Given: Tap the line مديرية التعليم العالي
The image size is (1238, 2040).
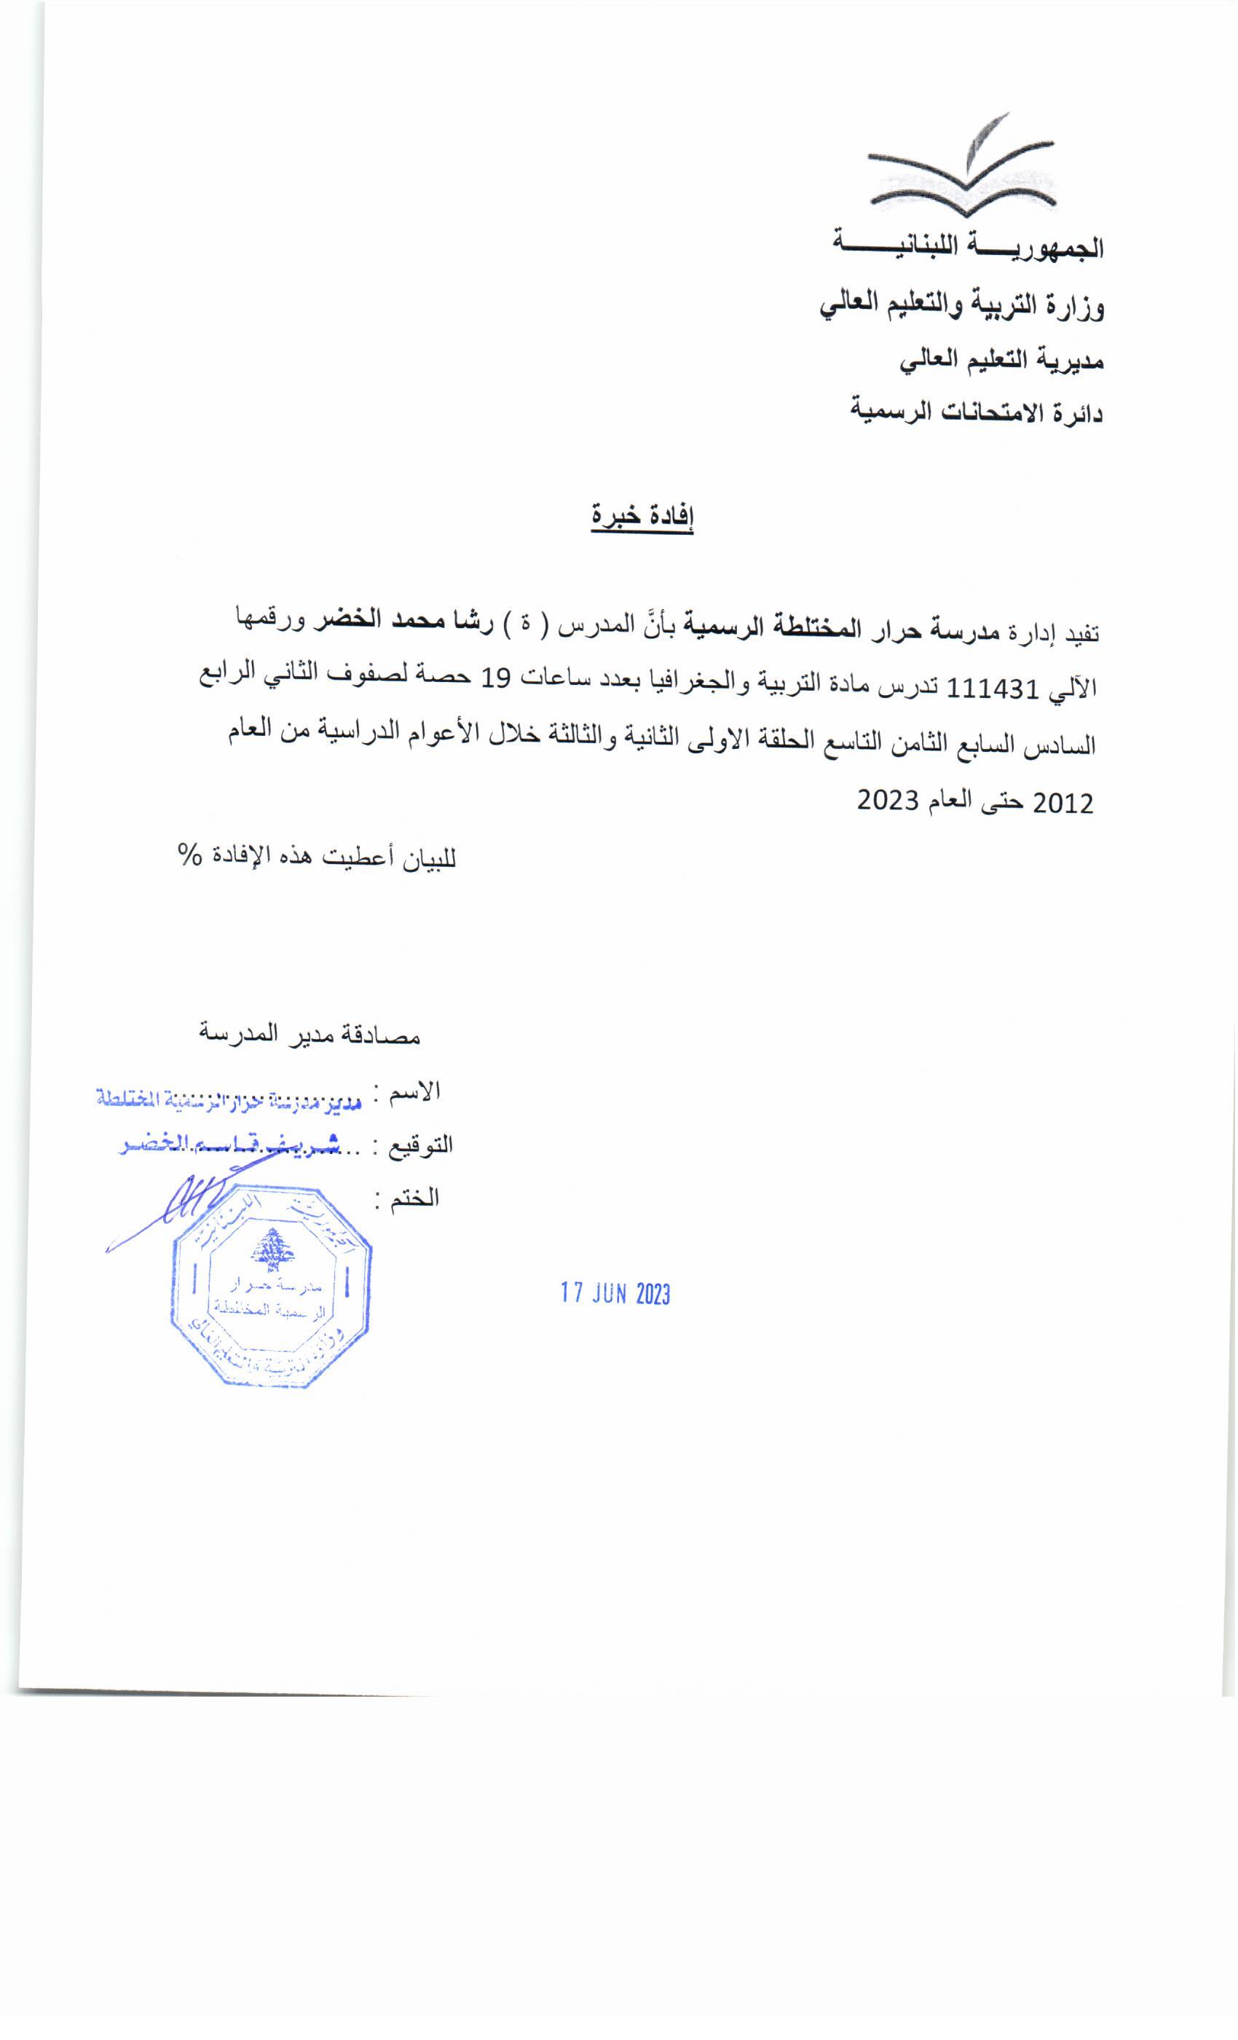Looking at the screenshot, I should (x=1002, y=360).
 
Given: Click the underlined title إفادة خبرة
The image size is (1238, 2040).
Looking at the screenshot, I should (x=642, y=518).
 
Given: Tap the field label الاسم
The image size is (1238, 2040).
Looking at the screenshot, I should (x=419, y=1091).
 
